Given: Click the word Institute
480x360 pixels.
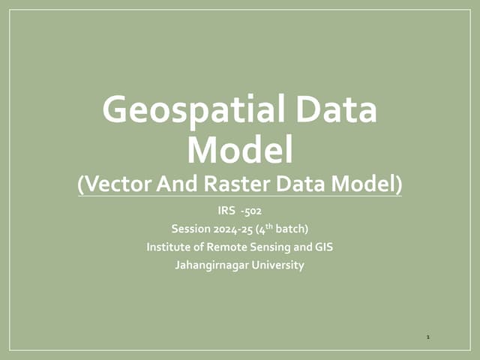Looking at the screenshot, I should tap(169, 247).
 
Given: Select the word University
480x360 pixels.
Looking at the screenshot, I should tap(277, 265).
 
